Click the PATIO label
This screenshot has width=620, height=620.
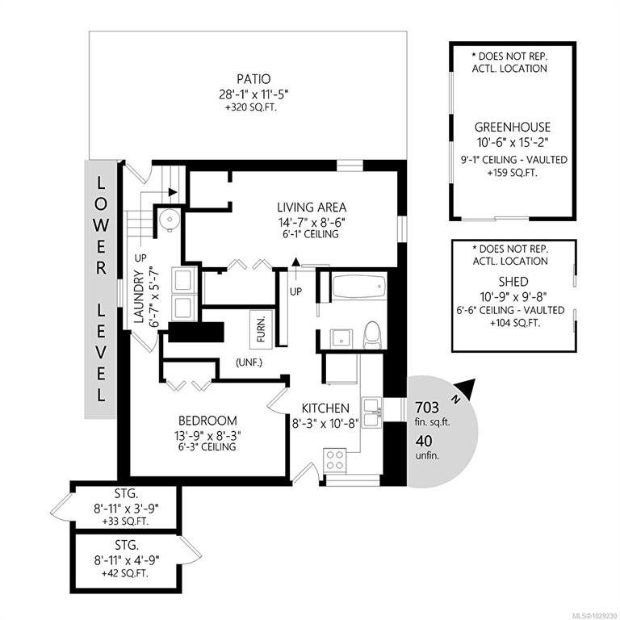(x=253, y=78)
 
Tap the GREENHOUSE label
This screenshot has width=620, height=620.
(x=512, y=127)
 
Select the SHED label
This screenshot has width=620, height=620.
(x=513, y=282)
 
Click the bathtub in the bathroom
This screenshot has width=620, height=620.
(x=359, y=286)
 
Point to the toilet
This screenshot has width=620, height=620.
(x=372, y=335)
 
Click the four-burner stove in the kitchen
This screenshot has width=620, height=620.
(x=334, y=460)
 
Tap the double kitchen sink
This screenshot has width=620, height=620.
(x=371, y=413)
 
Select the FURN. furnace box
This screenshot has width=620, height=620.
(x=262, y=329)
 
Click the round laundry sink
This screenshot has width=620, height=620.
(x=170, y=218)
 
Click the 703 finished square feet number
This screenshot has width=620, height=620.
(x=426, y=407)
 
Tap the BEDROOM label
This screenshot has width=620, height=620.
(x=207, y=420)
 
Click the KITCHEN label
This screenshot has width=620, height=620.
(x=325, y=408)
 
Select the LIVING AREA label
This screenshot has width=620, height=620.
(x=312, y=207)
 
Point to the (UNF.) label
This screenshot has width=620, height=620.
(x=249, y=362)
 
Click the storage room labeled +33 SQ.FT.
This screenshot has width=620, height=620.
(x=126, y=508)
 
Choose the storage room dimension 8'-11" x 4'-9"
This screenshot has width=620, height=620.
(x=127, y=560)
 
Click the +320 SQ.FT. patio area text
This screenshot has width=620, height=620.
(x=251, y=107)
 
